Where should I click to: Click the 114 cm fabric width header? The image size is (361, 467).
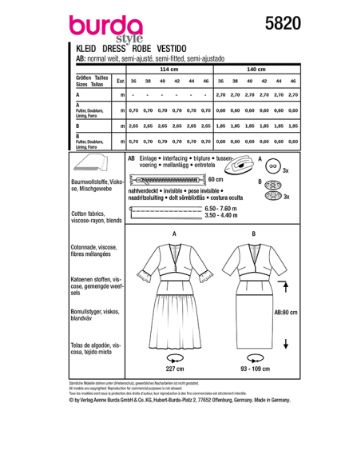pos(168,70)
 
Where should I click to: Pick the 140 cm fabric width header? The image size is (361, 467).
pos(256,70)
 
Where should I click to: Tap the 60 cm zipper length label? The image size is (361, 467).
pos(215,180)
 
